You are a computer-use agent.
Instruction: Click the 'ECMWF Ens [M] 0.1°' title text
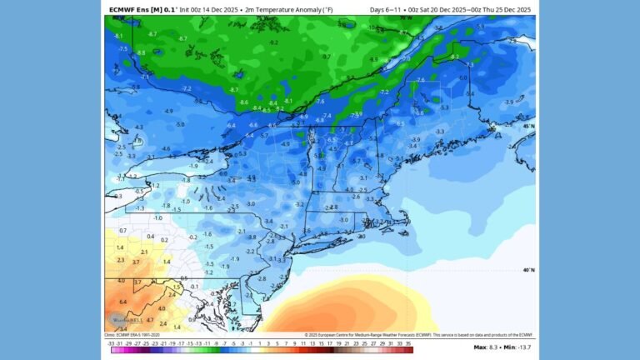pyautogui.click(x=142, y=9)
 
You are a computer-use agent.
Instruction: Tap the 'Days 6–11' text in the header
pyautogui.click(x=385, y=9)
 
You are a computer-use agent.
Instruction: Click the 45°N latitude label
pyautogui.click(x=528, y=126)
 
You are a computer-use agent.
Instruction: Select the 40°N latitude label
pyautogui.click(x=528, y=270)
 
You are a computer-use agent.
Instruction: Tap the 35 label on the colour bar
pyautogui.click(x=409, y=342)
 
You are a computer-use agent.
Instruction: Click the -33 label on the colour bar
pyautogui.click(x=112, y=342)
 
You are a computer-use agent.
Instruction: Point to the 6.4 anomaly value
pyautogui.click(x=122, y=302)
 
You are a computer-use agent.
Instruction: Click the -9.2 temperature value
pyautogui.click(x=273, y=42)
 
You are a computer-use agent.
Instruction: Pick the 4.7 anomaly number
pyautogui.click(x=149, y=319)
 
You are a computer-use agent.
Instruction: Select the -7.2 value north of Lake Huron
pyautogui.click(x=186, y=88)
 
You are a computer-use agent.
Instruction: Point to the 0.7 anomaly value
pyautogui.click(x=122, y=230)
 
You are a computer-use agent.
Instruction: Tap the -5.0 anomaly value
pyautogui.click(x=181, y=124)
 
